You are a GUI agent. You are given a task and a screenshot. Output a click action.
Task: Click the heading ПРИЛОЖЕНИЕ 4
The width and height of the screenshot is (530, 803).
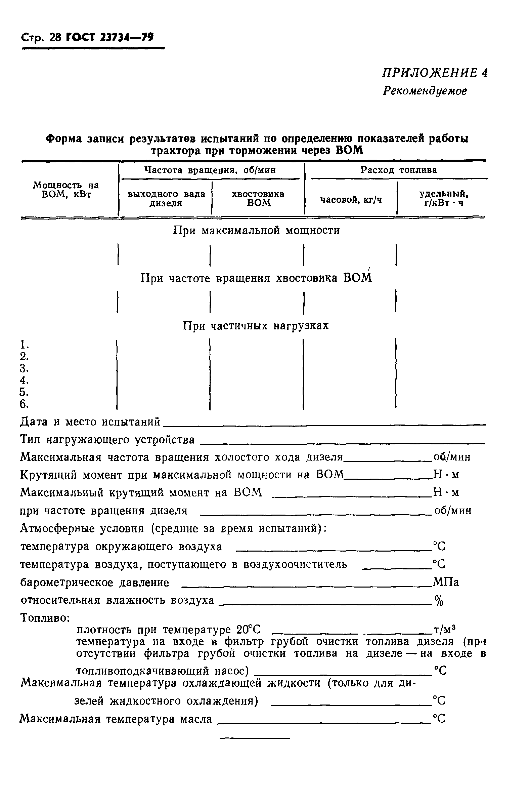click(x=435, y=73)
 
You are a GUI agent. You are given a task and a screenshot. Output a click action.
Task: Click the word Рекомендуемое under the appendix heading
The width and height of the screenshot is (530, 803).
click(x=425, y=91)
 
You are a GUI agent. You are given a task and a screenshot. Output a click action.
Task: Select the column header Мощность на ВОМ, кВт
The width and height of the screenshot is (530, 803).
click(x=66, y=190)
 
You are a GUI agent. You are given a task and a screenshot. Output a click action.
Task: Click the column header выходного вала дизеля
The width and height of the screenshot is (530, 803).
click(x=166, y=199)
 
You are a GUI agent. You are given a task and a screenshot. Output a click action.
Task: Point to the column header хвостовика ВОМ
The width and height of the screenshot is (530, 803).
click(x=258, y=198)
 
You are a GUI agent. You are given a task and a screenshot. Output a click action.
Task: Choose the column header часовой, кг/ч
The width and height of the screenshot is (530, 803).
click(x=351, y=200)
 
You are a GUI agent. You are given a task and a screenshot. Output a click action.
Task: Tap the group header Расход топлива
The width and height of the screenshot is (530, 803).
click(x=399, y=170)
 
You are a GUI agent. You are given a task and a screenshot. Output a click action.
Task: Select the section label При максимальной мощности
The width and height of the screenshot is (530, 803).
click(x=256, y=231)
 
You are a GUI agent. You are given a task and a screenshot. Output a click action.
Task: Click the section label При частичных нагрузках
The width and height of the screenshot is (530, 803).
click(x=256, y=326)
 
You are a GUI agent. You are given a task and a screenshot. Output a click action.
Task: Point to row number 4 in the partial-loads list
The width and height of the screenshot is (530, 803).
click(x=24, y=380)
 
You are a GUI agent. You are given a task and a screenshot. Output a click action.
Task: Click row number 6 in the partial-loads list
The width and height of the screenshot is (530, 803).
click(x=24, y=404)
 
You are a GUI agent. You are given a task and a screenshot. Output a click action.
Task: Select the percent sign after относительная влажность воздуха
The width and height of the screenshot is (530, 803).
click(x=439, y=601)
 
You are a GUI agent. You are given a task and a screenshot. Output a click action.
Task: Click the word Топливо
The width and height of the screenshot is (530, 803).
click(x=45, y=618)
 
